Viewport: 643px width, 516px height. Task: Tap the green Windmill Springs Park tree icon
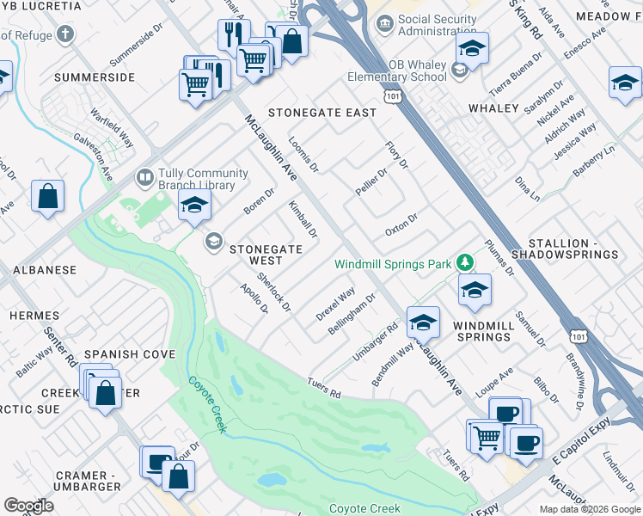tap(464, 261)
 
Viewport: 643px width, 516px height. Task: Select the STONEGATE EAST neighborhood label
tap(322, 113)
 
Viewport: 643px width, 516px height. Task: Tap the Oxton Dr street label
tap(401, 225)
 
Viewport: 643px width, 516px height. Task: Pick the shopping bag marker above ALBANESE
tap(48, 195)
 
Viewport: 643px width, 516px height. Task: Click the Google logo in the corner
tap(28, 505)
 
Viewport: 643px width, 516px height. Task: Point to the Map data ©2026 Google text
tap(589, 509)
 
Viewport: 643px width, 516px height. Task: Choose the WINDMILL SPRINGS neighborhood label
tap(483, 331)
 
